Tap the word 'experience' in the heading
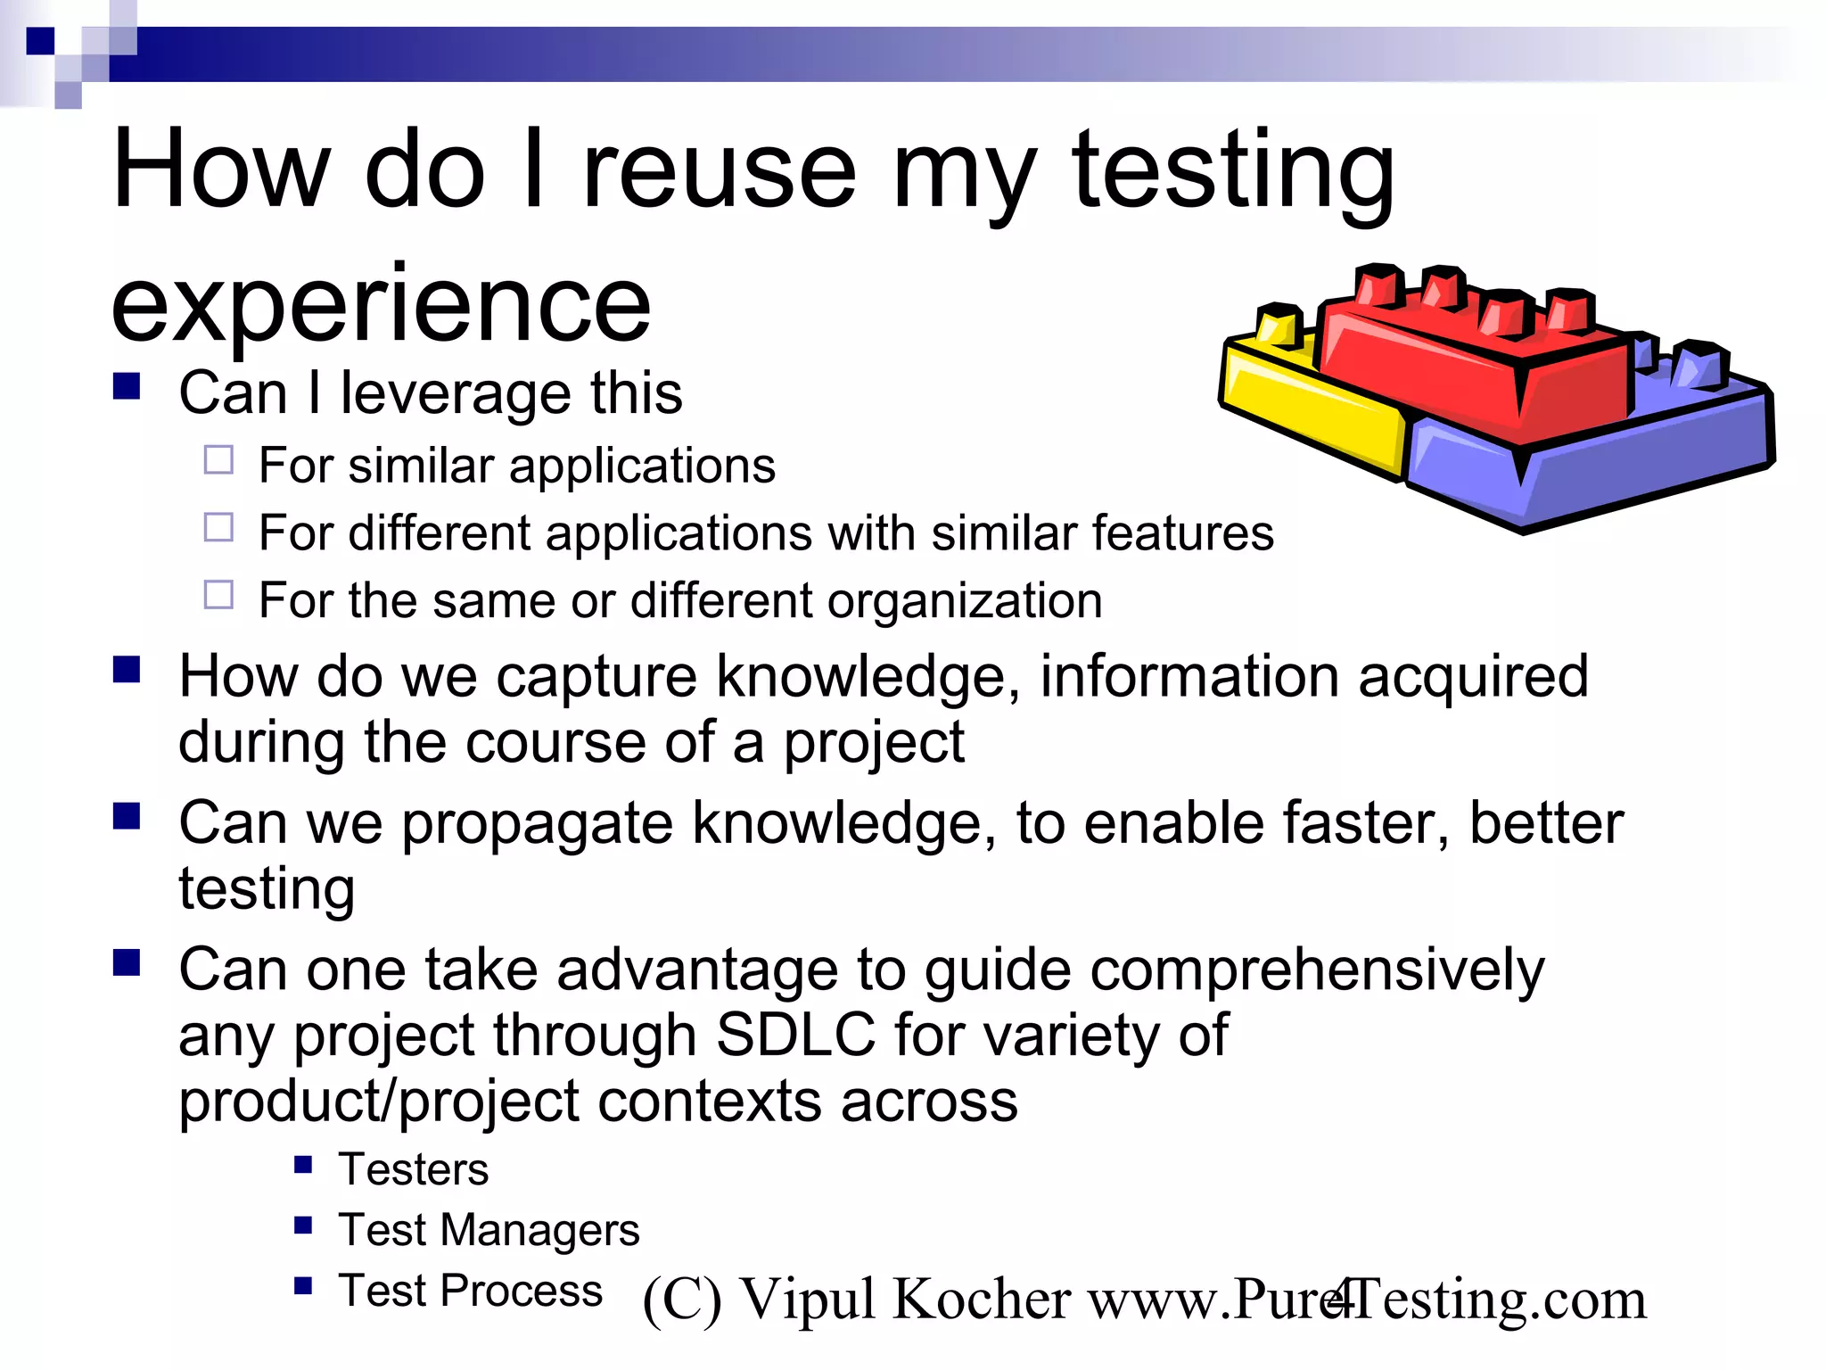pyautogui.click(x=381, y=306)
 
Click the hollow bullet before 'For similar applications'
pyautogui.click(x=218, y=460)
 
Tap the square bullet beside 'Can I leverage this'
pyautogui.click(x=127, y=386)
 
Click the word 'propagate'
pyautogui.click(x=537, y=822)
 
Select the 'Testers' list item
pyautogui.click(x=414, y=1169)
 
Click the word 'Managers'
pyautogui.click(x=540, y=1230)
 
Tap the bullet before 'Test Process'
pyautogui.click(x=303, y=1285)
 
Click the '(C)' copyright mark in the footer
pyautogui.click(x=682, y=1300)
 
